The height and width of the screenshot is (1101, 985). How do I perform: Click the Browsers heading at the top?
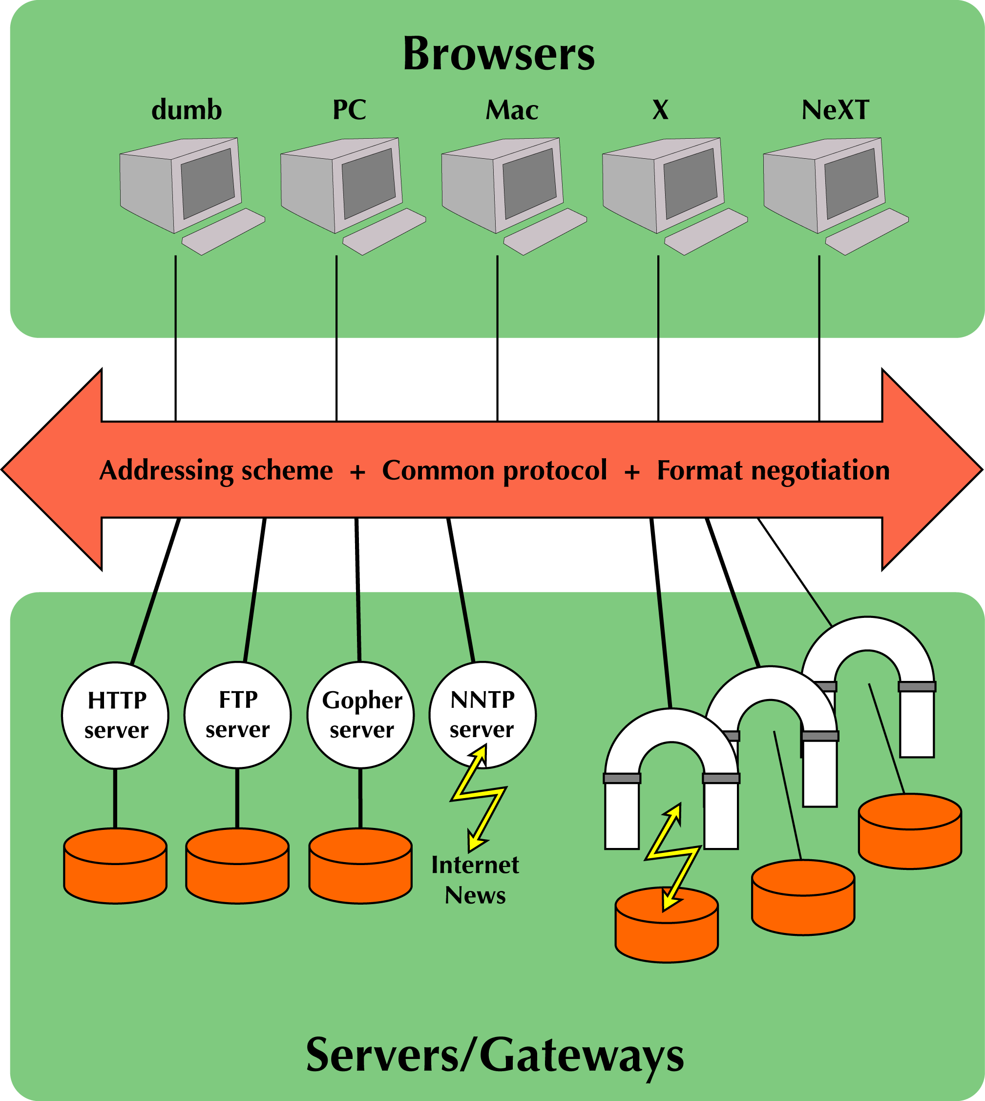[x=499, y=55]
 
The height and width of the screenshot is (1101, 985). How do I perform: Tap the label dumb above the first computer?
[x=186, y=110]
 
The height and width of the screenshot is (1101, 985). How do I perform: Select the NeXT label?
[x=835, y=110]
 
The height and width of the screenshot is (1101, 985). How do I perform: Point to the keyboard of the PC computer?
[x=384, y=232]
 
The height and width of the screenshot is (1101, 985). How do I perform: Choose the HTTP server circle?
[x=115, y=715]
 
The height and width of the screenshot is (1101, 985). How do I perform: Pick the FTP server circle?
[x=238, y=715]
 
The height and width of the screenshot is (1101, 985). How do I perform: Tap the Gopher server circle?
[x=360, y=715]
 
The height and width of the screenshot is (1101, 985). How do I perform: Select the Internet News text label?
[x=475, y=880]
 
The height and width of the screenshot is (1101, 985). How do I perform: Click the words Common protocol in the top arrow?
[x=494, y=470]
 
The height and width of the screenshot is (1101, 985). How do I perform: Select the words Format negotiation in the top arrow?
[x=773, y=470]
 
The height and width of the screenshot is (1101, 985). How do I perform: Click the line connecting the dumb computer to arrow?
[x=175, y=336]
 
